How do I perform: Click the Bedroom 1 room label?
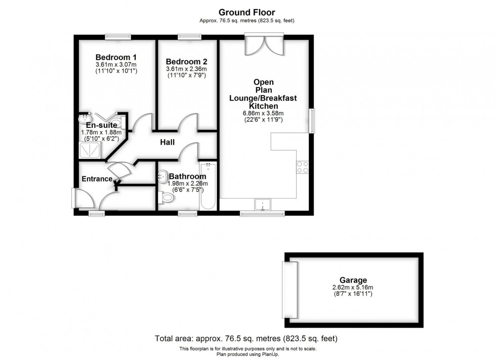116,57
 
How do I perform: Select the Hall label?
167,143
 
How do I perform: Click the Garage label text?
353,280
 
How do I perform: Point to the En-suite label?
101,125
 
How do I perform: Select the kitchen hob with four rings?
303,167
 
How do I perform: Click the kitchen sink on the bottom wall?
263,204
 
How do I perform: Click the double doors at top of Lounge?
263,44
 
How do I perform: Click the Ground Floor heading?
247,12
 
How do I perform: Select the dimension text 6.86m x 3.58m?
262,113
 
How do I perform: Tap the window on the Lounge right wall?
312,120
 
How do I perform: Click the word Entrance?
97,179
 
